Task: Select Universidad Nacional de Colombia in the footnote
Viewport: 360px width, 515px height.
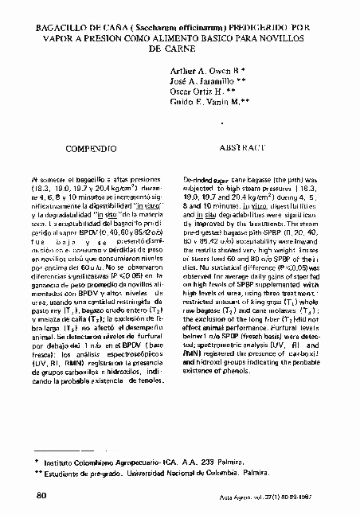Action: [182, 471]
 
